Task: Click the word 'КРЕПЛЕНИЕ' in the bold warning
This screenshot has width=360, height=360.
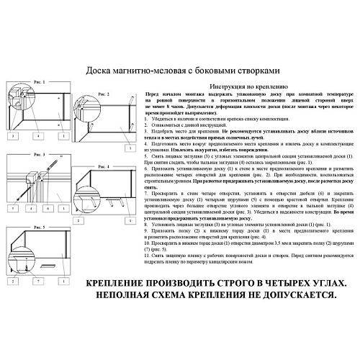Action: point(120,283)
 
